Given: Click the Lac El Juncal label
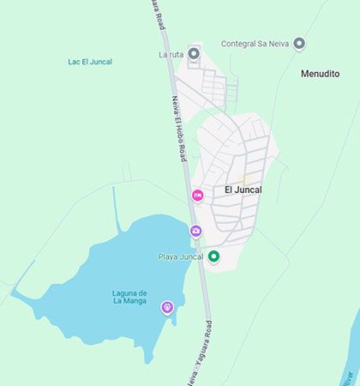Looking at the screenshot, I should [90, 62].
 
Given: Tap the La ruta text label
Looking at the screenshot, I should [171, 55].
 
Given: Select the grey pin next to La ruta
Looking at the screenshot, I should [194, 54].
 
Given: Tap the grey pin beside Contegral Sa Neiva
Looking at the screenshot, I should [299, 43].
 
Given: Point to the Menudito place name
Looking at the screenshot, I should [321, 74].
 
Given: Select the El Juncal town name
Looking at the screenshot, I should [243, 190].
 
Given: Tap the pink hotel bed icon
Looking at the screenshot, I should [198, 196].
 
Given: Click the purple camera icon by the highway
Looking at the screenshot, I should [195, 230].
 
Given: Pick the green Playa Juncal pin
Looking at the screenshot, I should [213, 256].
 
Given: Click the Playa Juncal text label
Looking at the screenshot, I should [181, 256].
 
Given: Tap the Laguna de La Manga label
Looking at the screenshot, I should [129, 297].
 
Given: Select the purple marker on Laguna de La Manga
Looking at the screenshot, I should [166, 306].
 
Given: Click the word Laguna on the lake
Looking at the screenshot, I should [129, 293].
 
